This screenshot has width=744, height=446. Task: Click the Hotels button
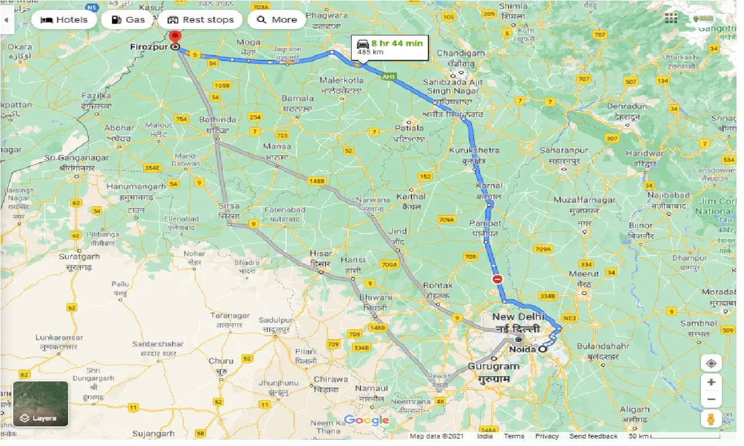[x=64, y=20]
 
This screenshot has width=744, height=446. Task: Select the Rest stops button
[x=200, y=20]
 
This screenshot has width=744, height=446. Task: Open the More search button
[x=277, y=20]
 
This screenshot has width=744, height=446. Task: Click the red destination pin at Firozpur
[x=176, y=38]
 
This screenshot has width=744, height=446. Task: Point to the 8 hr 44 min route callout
[x=390, y=47]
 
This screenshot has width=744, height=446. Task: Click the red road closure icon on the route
[x=498, y=279]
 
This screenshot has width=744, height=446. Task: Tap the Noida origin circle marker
[x=542, y=350]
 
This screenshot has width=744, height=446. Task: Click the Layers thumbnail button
[x=41, y=404]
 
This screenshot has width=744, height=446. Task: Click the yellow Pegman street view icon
[x=711, y=419]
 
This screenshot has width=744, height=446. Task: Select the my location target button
[x=711, y=364]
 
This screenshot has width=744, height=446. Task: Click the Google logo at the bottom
[x=366, y=420]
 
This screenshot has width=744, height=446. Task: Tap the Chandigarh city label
[x=460, y=53]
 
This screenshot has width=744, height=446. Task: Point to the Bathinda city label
[x=217, y=120]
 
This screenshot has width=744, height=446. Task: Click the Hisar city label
[x=320, y=254]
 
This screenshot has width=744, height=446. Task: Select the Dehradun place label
[x=627, y=107]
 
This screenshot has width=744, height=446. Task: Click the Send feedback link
[x=593, y=436]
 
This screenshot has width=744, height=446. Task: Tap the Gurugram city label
[x=493, y=367]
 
